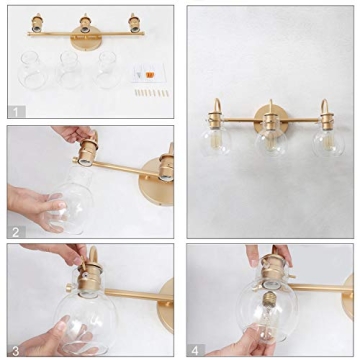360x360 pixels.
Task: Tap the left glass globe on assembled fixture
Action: point(215,139)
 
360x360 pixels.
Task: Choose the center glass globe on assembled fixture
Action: point(270,141)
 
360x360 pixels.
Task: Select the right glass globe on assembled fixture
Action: point(327,140)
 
